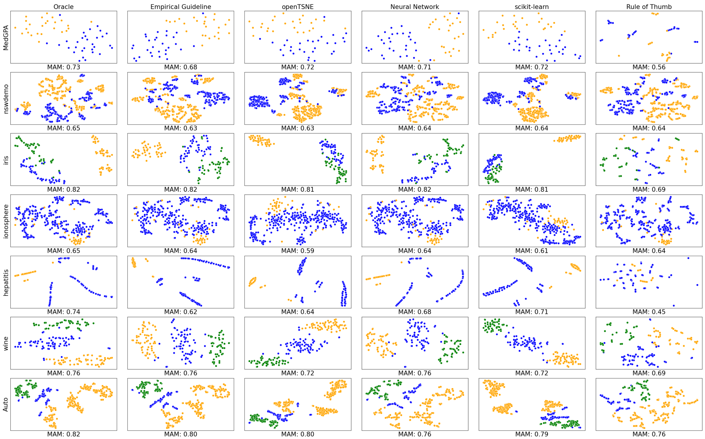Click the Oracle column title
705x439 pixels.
point(63,7)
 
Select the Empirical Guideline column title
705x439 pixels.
point(181,7)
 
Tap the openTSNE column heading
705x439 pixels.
point(298,7)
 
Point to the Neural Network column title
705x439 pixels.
point(414,7)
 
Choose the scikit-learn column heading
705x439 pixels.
point(532,7)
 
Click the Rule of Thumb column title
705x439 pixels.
point(649,7)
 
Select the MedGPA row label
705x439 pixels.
point(6,37)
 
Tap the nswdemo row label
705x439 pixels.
point(6,98)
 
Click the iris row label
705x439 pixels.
point(6,160)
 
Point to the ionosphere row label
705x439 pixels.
point(6,221)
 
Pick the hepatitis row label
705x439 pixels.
point(6,282)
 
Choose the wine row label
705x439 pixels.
point(6,343)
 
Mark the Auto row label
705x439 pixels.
point(6,404)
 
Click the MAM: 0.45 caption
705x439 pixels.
point(649,312)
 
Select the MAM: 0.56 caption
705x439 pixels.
point(649,67)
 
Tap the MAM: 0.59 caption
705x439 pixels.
point(298,251)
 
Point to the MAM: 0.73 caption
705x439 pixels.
point(63,67)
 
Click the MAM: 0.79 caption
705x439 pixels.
point(532,434)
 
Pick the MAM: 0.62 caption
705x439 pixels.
point(181,312)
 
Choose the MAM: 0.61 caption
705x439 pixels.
point(532,251)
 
